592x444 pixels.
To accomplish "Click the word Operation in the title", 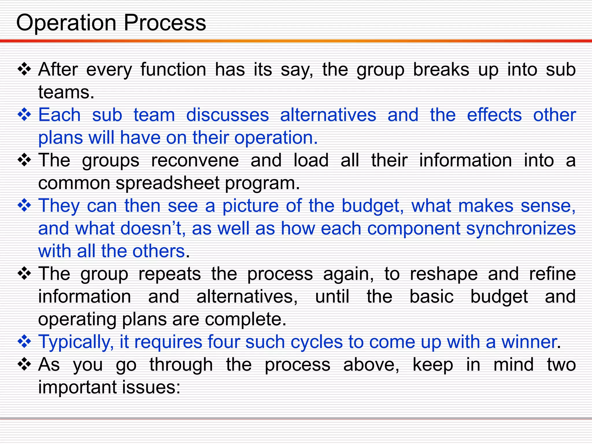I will coord(66,23).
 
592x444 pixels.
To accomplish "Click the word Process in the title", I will coord(165,23).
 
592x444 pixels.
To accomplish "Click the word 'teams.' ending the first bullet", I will coord(66,92).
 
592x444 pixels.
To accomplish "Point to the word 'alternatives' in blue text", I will coord(328,115).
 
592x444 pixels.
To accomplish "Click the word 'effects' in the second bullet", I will coord(494,115).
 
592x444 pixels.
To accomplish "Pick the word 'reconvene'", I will coord(195,160).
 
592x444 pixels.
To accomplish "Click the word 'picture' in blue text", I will coord(250,206).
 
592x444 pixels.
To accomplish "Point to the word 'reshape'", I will coord(444,274).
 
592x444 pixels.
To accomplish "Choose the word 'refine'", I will coord(552,274).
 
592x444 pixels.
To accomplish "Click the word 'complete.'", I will coord(245,319).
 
